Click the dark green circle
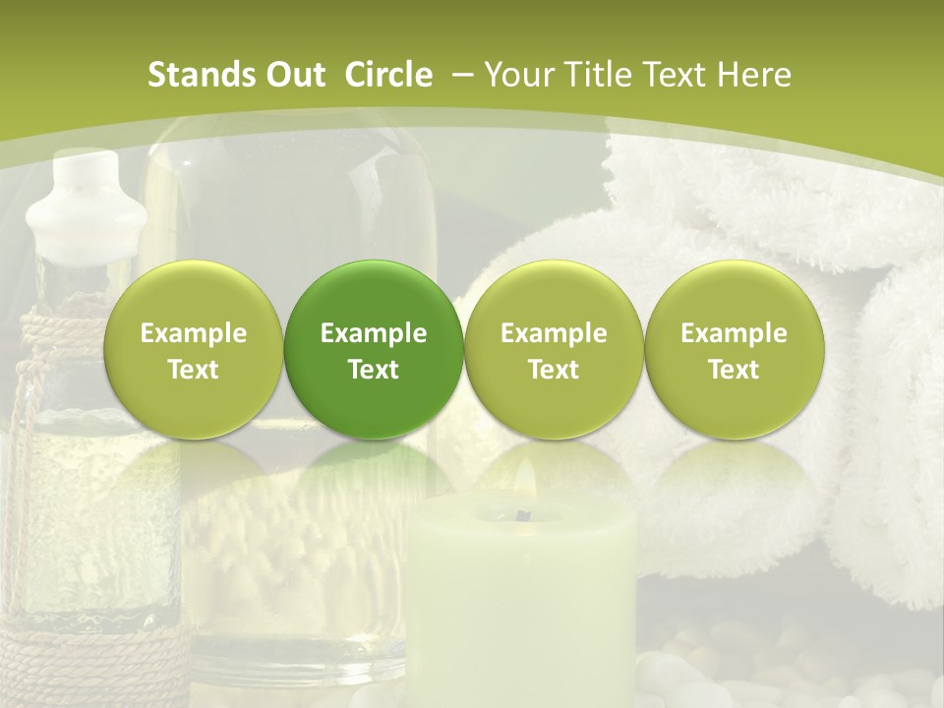click(x=374, y=349)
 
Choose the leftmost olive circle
click(x=193, y=349)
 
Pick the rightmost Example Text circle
click(x=734, y=349)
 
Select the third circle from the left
click(x=554, y=349)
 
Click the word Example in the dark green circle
click(x=374, y=333)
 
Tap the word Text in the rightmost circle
click(x=734, y=370)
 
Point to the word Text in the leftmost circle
click(x=193, y=370)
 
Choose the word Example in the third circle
click(x=554, y=333)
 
